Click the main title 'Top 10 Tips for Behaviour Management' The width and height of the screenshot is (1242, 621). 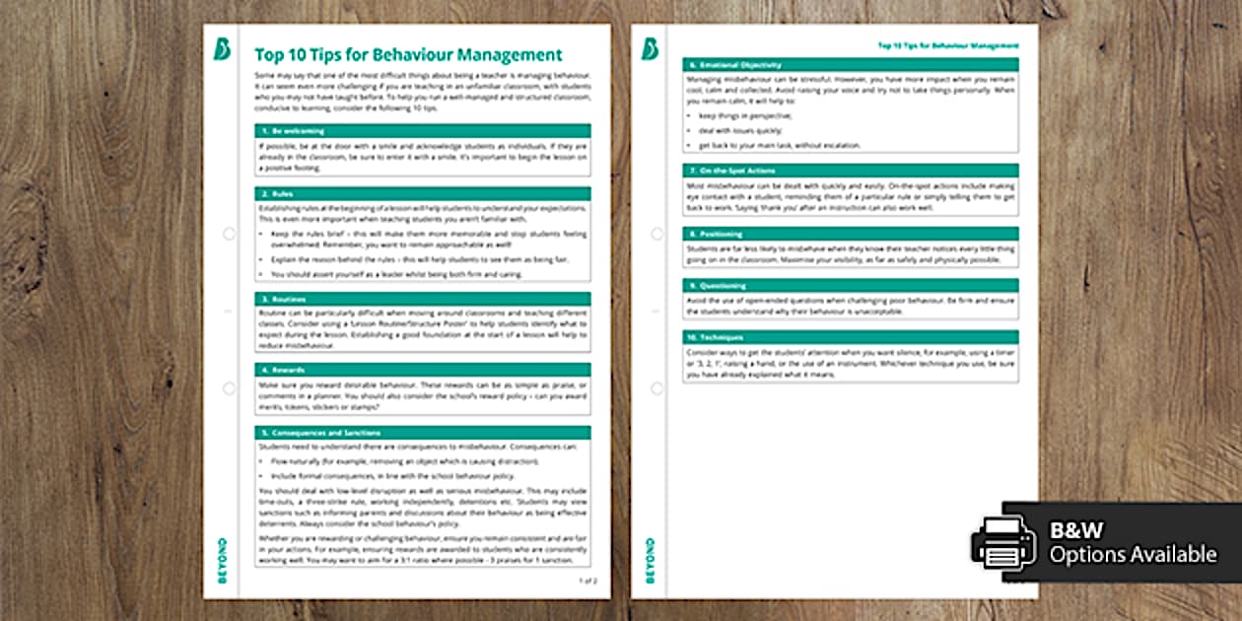pos(408,55)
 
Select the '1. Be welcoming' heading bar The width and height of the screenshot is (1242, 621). pos(422,130)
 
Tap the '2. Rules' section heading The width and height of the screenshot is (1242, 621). pos(422,193)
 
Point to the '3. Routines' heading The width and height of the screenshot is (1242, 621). pos(422,298)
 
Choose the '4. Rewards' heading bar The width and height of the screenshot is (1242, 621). pos(422,370)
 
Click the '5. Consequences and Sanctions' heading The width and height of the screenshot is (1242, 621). pos(422,433)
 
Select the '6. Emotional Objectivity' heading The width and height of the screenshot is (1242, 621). pos(851,64)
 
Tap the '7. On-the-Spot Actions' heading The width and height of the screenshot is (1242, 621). pos(851,171)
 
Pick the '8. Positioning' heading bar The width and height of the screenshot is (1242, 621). pos(851,234)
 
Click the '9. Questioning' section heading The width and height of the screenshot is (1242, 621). pos(851,286)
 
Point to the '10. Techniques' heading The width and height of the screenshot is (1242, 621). pos(851,337)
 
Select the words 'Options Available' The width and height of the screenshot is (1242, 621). pos(1133,555)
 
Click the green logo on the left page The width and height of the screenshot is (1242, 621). pos(222,49)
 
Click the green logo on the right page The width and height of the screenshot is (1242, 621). pos(650,49)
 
